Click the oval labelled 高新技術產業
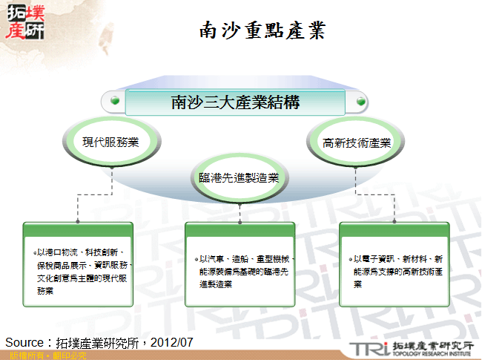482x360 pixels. pos(357,142)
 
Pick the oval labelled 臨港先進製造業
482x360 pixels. pos(238,177)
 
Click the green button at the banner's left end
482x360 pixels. pos(113,100)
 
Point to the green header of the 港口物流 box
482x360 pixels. pos(78,229)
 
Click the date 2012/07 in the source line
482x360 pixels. pos(172,342)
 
